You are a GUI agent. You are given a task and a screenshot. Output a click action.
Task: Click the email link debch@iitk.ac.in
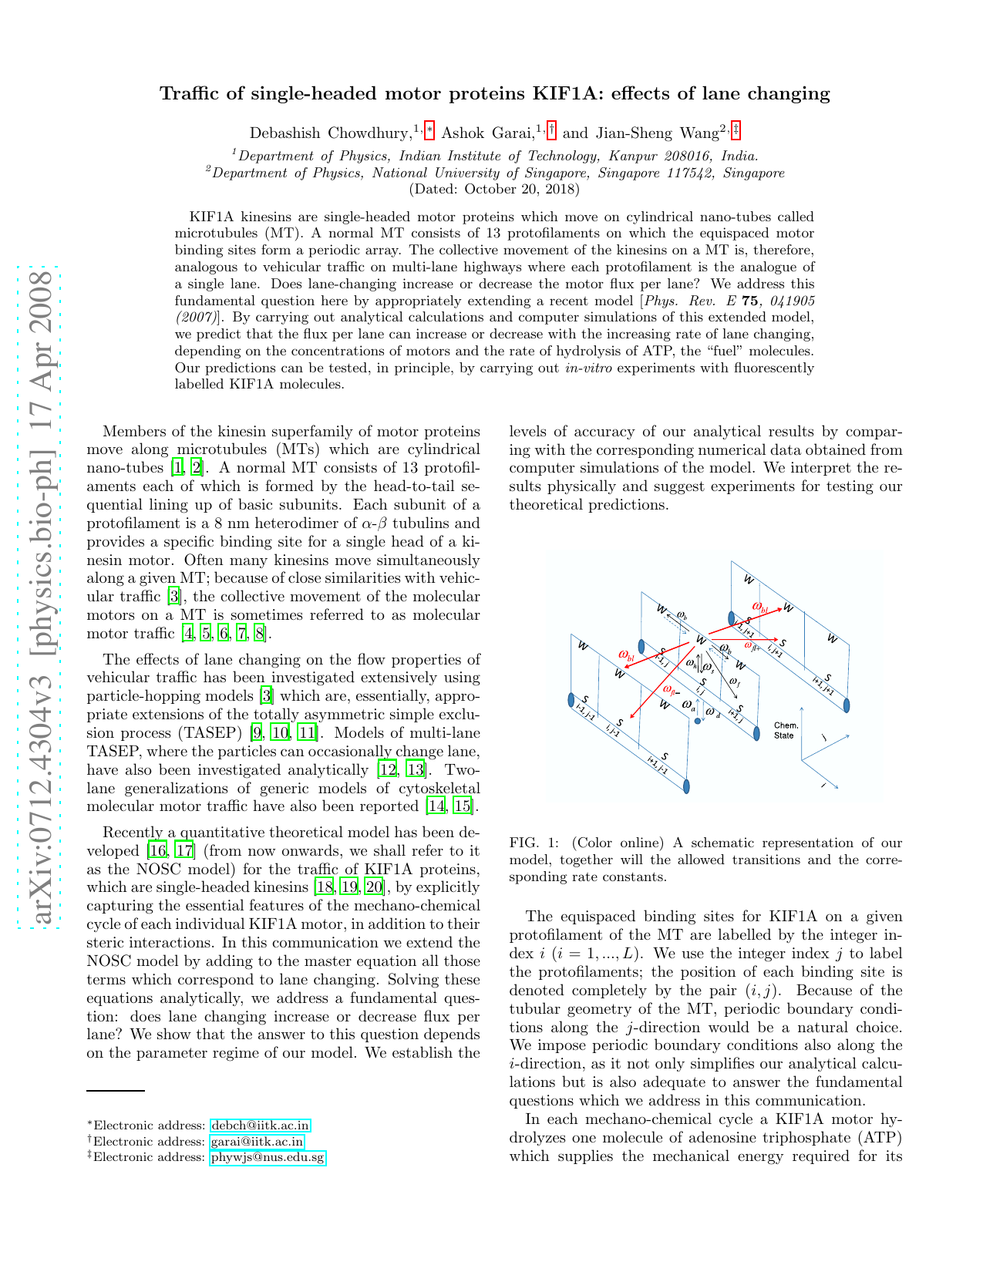point(260,1126)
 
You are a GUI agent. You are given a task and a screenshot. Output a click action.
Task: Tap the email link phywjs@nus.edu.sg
point(268,1157)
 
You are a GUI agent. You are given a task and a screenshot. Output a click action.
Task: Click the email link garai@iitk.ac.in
point(257,1142)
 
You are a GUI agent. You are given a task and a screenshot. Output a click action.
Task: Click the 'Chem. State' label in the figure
point(786,730)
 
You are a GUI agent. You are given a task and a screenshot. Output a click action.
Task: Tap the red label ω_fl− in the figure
point(672,689)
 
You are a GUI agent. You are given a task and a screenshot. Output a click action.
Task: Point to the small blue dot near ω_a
point(697,722)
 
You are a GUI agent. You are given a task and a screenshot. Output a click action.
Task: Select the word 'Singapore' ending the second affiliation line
point(756,173)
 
